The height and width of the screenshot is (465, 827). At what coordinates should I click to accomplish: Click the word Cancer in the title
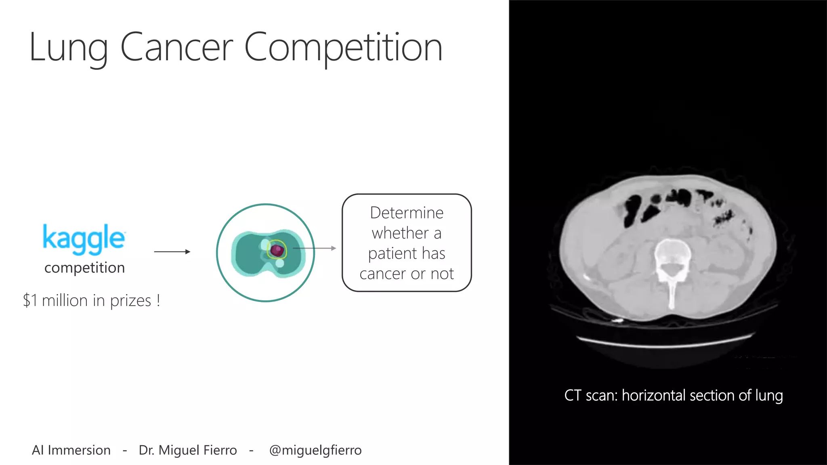(177, 48)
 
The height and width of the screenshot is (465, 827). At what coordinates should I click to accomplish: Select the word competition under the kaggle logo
(84, 268)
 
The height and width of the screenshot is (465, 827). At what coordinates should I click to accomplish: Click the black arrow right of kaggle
(172, 252)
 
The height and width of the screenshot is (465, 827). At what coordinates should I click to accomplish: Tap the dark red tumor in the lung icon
(277, 251)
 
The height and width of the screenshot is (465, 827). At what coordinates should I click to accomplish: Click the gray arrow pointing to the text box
(315, 248)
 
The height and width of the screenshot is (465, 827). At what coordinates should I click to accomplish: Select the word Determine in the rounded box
(407, 213)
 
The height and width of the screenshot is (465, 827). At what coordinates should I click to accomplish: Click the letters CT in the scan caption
(573, 396)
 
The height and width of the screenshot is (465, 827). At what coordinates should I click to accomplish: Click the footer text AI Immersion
(71, 450)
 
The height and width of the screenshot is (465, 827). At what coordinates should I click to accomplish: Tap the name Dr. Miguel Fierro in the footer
(188, 450)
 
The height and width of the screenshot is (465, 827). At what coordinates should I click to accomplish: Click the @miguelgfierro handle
(315, 450)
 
